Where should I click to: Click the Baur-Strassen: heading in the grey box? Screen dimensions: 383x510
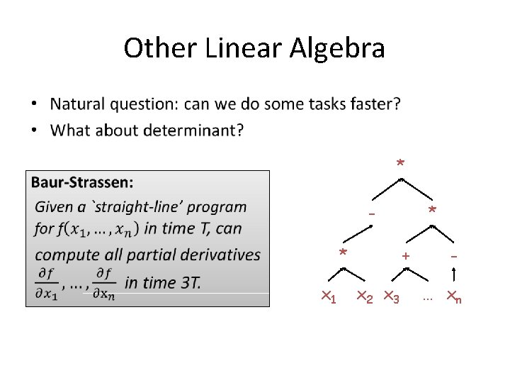(x=82, y=183)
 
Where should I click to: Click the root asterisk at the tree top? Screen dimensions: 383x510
(x=400, y=165)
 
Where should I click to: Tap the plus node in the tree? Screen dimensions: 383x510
(x=406, y=255)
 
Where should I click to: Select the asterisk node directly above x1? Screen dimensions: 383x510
(x=343, y=253)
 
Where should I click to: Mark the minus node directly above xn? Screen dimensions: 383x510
(x=453, y=255)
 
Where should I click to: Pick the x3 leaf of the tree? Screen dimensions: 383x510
(x=392, y=298)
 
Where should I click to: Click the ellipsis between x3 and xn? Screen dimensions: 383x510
(x=427, y=299)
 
